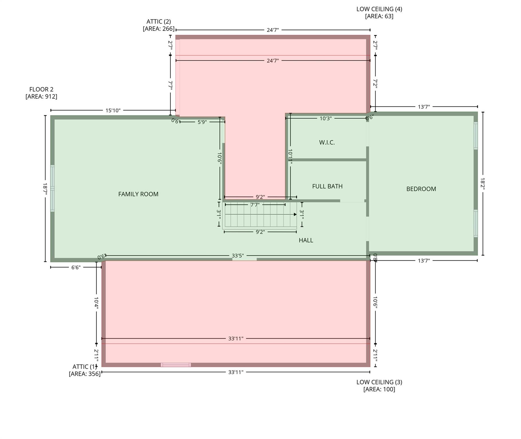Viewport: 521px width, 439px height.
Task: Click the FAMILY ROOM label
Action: point(138,194)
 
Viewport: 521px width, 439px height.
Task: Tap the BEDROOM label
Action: point(421,189)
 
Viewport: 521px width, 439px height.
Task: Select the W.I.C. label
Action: point(327,142)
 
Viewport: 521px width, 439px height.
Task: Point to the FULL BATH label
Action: point(327,186)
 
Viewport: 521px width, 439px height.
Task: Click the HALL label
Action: point(306,240)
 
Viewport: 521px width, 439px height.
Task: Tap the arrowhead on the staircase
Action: point(295,214)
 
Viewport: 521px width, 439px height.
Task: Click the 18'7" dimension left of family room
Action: point(45,189)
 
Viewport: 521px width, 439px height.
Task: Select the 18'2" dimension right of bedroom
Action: point(483,183)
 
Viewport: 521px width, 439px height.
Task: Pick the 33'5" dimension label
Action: point(238,256)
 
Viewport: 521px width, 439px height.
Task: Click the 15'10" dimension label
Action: point(113,110)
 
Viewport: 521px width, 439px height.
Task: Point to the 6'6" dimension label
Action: point(76,267)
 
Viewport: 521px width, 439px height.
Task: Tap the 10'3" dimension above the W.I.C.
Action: point(325,118)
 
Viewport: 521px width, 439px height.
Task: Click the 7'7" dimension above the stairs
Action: point(255,205)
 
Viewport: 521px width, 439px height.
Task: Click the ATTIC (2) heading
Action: point(159,21)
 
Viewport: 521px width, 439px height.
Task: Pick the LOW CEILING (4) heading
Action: point(379,9)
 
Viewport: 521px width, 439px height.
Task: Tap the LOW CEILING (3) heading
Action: point(379,382)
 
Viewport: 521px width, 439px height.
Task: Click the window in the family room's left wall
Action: point(52,188)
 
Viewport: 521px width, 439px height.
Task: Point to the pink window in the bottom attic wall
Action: point(176,365)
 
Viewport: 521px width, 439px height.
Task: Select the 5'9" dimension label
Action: point(202,122)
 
